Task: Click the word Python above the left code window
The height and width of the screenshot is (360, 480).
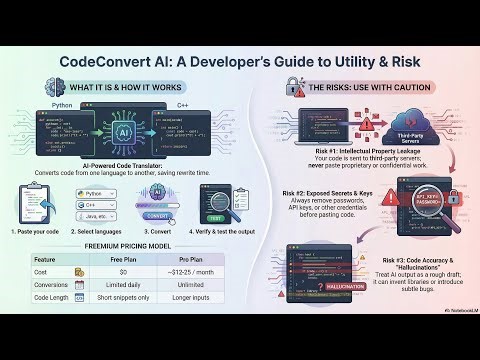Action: tap(60, 103)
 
